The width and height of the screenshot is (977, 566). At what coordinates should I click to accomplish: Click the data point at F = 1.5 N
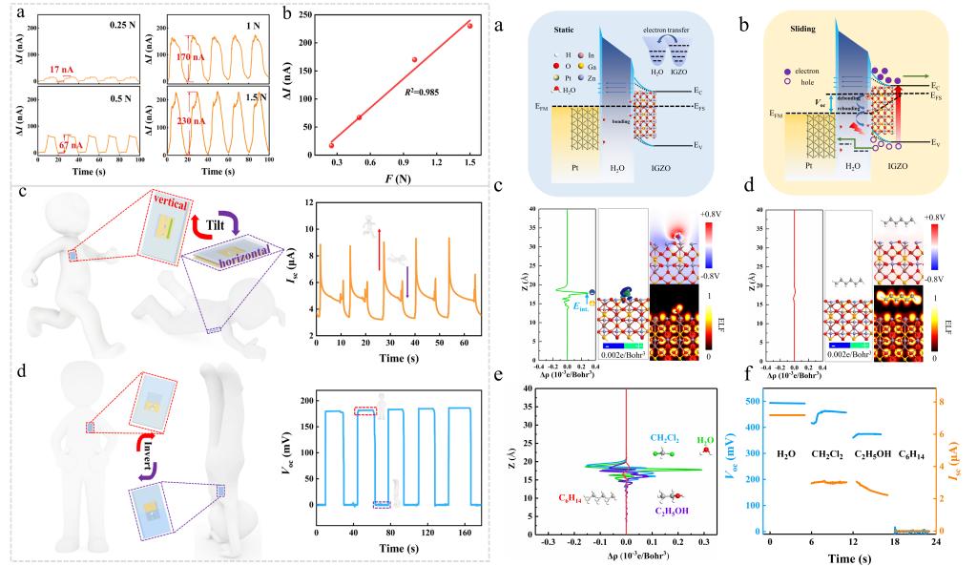(x=468, y=26)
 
